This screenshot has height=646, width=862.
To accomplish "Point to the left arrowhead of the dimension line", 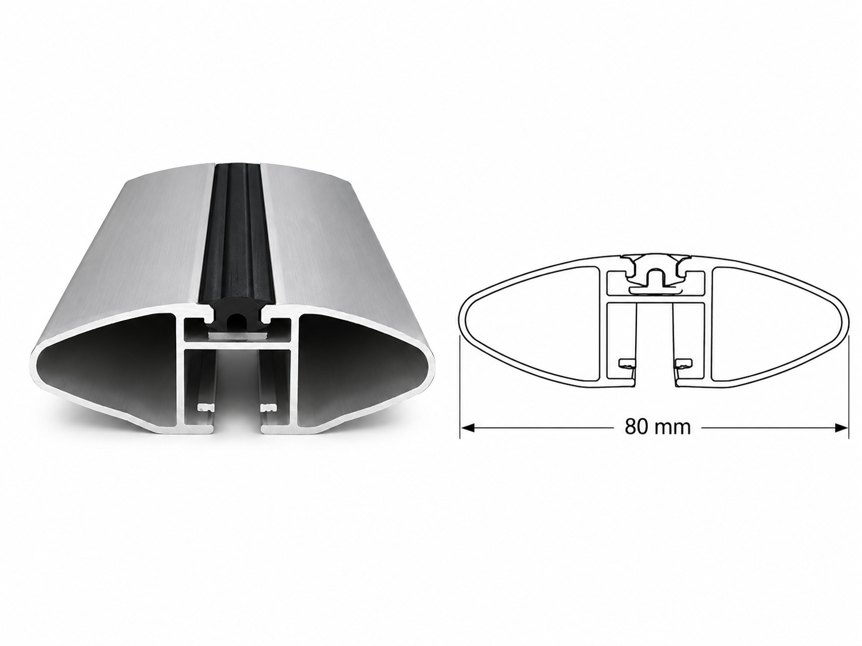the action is pos(467,428).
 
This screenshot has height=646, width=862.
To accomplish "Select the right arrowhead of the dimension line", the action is pos(841,428).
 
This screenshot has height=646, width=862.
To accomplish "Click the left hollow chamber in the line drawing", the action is pos(531,324).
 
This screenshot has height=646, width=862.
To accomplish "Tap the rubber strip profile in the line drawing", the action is pos(655,273).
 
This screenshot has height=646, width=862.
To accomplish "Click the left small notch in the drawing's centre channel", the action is pos(627,364).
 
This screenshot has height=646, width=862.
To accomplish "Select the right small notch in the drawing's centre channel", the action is pos(683,364).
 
